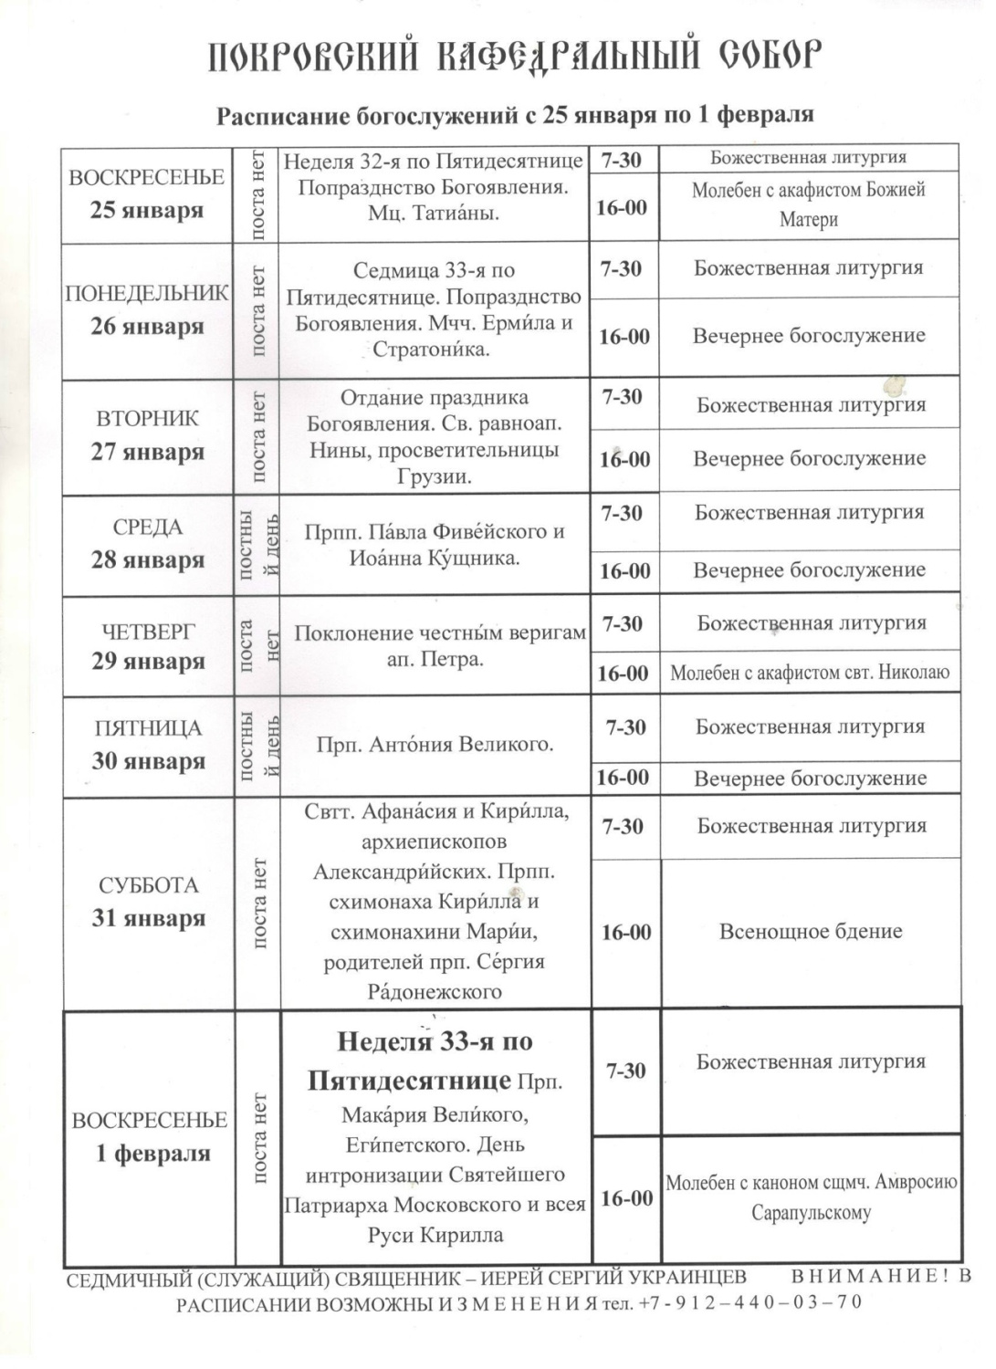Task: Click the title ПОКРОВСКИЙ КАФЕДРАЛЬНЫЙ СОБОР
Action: click(515, 56)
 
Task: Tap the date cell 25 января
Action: click(146, 210)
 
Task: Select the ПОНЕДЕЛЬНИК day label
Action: click(147, 293)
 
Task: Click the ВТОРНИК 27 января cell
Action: click(147, 435)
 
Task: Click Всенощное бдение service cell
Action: click(811, 932)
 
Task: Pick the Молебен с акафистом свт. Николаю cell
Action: click(810, 674)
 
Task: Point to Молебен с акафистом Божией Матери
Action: click(809, 204)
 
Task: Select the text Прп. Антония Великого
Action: click(435, 745)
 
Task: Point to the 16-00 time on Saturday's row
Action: click(626, 933)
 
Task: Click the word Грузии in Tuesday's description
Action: click(435, 476)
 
